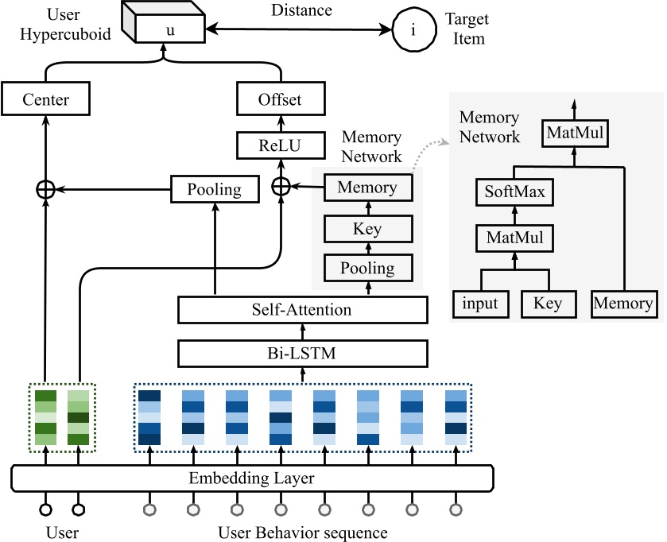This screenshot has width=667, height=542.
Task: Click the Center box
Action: pos(46,100)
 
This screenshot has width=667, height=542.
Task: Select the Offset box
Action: pos(280,100)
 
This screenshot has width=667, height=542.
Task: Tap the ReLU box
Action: pos(280,145)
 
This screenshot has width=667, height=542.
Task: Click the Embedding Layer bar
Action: pos(252,478)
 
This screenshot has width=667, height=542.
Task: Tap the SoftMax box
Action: pos(514,192)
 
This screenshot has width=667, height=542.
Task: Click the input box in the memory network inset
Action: pos(480,304)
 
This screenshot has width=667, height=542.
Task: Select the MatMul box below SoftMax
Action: pos(514,236)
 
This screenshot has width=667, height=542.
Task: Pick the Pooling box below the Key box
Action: pos(366,267)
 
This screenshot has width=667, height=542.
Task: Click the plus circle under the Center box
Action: pos(45,189)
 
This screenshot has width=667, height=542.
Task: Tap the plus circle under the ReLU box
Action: pos(280,187)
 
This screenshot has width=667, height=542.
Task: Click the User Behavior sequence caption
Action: pos(302,530)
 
